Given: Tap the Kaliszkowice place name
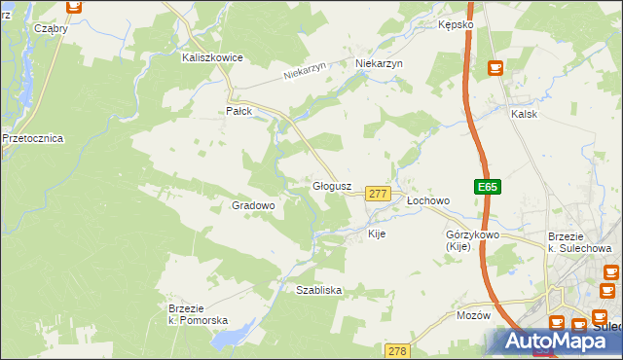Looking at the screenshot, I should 212,58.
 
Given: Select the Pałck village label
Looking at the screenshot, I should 239,111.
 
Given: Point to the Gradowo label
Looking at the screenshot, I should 253,206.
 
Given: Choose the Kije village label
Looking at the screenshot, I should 377,234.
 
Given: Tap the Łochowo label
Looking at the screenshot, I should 428,201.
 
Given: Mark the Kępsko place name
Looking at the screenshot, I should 456,23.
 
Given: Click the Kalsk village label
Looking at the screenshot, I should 524,114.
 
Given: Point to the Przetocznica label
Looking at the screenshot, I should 32,138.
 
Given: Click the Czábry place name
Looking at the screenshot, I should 51,28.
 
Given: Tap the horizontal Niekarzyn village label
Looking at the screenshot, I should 380,63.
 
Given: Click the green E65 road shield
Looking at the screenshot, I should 488,187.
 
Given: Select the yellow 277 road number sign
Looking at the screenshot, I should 378,195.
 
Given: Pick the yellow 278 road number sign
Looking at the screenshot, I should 396,350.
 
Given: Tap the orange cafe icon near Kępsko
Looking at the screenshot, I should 495,67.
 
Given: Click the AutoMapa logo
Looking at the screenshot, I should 550,342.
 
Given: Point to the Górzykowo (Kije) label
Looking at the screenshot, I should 472,240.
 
